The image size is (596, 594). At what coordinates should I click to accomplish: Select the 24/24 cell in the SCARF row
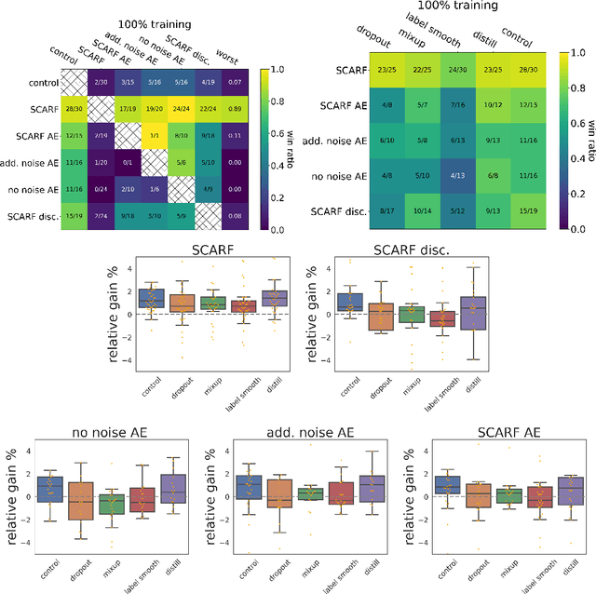click(207, 108)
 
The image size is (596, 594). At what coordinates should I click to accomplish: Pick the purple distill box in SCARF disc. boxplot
click(475, 313)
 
